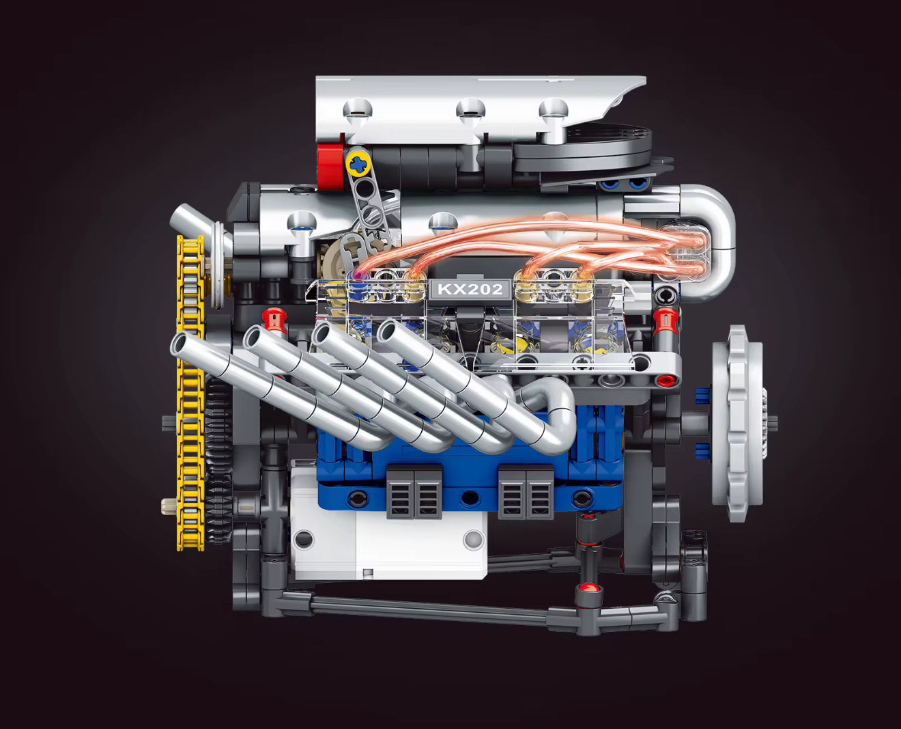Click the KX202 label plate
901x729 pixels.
point(470,289)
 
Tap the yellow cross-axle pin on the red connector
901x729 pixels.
point(358,162)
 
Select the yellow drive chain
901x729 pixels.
point(190,396)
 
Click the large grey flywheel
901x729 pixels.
point(737,424)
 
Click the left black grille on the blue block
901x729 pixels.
point(414,491)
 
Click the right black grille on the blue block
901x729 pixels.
point(526,491)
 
